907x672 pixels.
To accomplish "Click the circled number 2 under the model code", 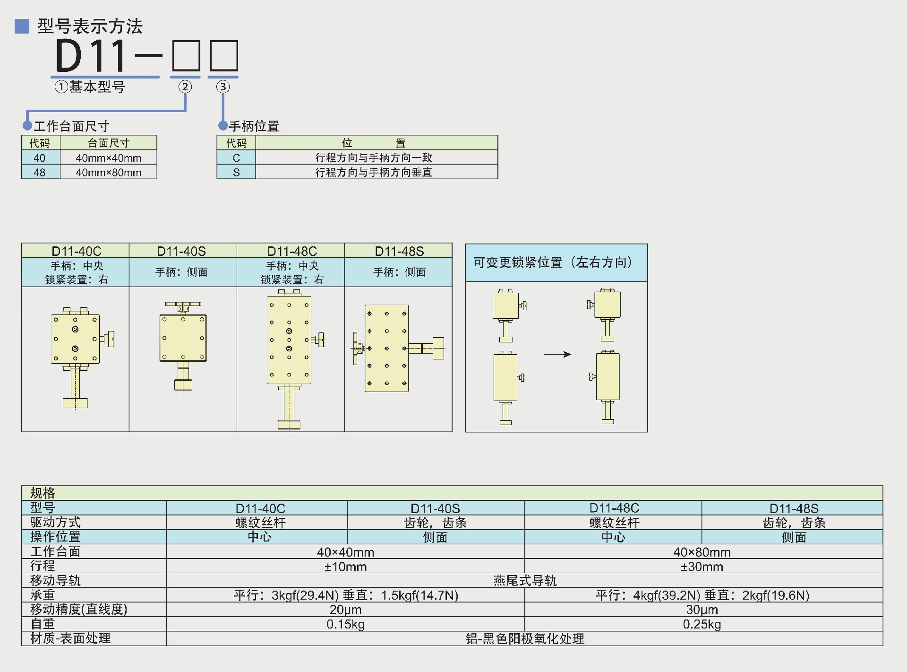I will click(185, 87).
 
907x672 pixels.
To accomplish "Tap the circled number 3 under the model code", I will click(223, 87).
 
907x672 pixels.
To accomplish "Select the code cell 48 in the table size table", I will click(40, 172).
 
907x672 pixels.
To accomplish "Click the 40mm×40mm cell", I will click(108, 158).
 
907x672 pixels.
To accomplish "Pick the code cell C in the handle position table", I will click(236, 158).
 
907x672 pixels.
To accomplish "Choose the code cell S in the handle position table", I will click(236, 172).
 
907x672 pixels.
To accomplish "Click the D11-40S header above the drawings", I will click(182, 251).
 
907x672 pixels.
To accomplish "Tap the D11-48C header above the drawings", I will click(292, 251).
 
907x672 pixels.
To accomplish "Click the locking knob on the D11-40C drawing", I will click(111, 339).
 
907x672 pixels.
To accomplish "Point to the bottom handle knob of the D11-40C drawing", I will click(75, 403).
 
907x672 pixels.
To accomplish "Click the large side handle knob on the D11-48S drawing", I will click(438, 349).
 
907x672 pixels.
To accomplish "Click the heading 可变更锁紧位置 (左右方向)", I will click(552, 262).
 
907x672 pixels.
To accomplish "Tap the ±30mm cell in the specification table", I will click(702, 567).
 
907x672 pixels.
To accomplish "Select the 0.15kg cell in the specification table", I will click(345, 624).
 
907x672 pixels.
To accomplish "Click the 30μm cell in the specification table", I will click(702, 610).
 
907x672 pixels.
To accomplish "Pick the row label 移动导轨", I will click(55, 580).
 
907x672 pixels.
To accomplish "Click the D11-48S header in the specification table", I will click(794, 508).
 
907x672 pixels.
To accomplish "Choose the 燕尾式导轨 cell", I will click(524, 580).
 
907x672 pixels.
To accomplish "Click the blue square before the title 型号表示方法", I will click(22, 26).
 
